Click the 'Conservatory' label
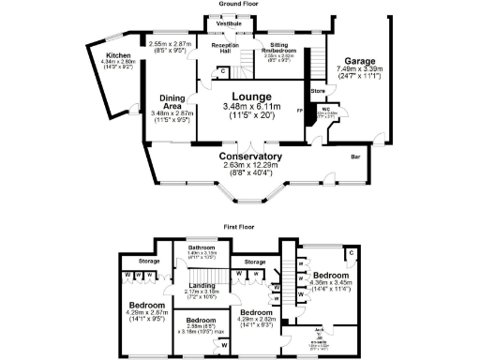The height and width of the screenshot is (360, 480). coord(250,157)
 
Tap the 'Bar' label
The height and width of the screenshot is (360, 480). coord(356,157)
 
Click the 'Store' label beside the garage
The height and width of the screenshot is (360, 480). coord(319,91)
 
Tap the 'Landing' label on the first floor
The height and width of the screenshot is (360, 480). coord(202,285)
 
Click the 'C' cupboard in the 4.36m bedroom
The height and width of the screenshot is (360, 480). coord(349,253)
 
